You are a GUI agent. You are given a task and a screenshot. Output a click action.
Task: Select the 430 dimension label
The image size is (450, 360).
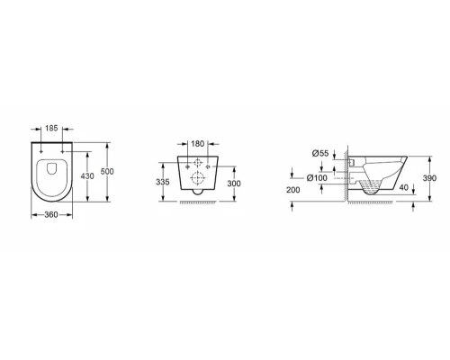(88, 176)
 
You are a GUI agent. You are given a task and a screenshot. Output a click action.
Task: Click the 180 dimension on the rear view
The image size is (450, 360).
(197, 142)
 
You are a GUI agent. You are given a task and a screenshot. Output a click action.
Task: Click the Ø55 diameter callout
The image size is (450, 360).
(319, 154)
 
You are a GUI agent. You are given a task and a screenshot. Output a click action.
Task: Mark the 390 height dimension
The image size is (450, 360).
(428, 179)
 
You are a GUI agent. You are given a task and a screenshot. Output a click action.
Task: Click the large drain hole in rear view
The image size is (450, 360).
(197, 184)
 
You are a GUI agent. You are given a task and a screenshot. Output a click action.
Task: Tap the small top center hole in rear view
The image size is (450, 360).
(197, 166)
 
